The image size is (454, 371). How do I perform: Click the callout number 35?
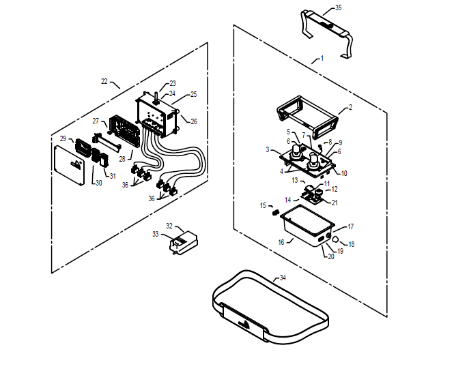tap(338, 9)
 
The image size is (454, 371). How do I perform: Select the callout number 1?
tap(322, 59)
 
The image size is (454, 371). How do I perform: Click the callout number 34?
tap(283, 278)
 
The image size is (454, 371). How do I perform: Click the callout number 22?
tap(104, 81)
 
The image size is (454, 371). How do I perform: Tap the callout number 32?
tap(169, 226)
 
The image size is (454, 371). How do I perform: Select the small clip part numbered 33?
tap(183, 242)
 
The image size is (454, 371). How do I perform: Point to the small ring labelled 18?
tap(336, 239)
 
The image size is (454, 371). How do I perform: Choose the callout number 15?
tap(263, 205)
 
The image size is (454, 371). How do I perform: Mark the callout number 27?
tap(96, 121)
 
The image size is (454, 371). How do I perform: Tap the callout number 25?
tap(193, 94)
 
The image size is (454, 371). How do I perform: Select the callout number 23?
tap(172, 83)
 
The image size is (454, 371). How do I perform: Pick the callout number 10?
tap(344, 173)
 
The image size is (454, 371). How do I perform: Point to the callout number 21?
tap(335, 203)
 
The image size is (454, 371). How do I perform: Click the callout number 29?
tap(63, 138)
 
